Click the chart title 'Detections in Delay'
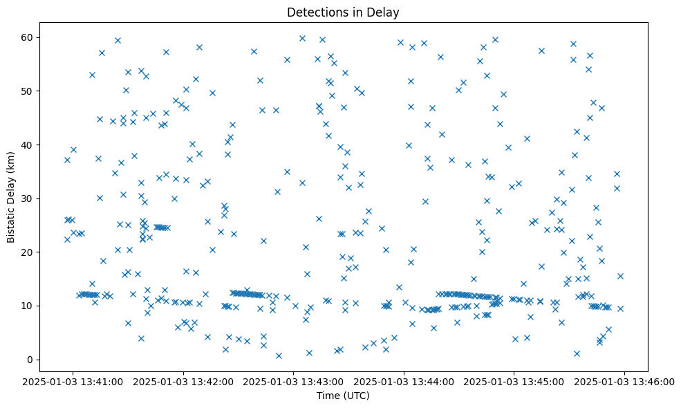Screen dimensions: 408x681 click(x=343, y=12)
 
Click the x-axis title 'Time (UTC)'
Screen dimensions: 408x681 click(x=343, y=396)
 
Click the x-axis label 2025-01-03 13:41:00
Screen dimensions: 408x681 click(x=73, y=381)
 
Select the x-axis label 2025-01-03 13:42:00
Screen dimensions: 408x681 click(x=184, y=381)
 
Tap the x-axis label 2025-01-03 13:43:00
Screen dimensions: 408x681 click(x=294, y=381)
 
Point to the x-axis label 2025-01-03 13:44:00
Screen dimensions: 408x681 click(x=404, y=381)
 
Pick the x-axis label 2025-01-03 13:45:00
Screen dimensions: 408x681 click(x=514, y=381)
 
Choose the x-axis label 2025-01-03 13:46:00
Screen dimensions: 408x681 click(x=625, y=381)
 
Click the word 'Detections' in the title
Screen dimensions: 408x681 click(x=315, y=12)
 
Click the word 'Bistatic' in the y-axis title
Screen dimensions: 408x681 click(x=11, y=221)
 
